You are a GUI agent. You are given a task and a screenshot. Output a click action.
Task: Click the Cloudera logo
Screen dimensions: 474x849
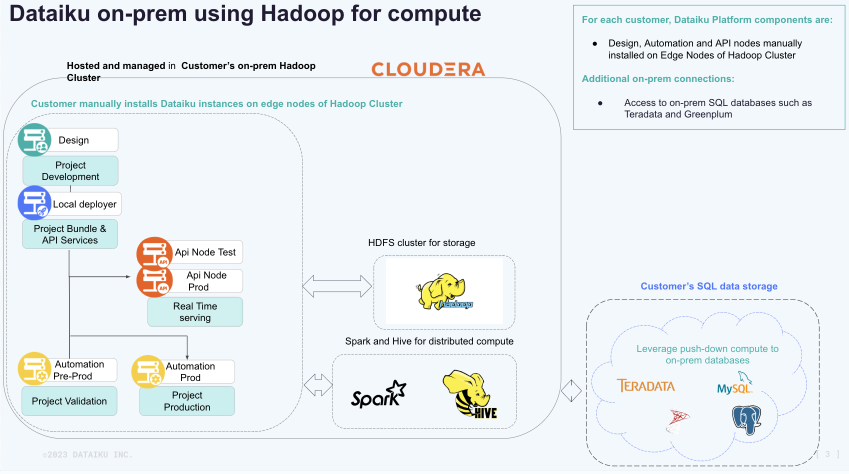click(x=428, y=69)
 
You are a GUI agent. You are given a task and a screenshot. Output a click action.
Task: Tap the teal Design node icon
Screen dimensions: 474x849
click(x=34, y=140)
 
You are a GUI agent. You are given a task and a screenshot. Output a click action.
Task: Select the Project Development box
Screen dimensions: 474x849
click(x=70, y=171)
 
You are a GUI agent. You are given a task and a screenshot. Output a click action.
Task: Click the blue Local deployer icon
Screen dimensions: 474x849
click(x=34, y=203)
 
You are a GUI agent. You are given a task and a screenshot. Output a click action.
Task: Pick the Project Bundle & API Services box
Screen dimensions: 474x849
click(x=70, y=234)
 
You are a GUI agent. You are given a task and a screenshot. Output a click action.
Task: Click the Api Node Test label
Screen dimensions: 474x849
click(x=205, y=252)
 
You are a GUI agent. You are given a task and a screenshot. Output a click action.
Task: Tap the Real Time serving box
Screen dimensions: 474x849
click(x=195, y=312)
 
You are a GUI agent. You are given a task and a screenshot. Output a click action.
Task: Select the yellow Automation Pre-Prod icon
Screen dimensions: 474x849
click(x=34, y=369)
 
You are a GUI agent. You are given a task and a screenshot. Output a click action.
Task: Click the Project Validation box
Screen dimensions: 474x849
click(x=69, y=401)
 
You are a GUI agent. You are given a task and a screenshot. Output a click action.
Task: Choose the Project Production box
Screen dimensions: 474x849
click(x=187, y=401)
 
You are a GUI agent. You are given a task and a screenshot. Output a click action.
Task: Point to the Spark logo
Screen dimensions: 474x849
click(x=378, y=395)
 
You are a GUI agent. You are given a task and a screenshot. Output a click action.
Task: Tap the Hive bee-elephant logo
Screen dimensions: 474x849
click(x=470, y=394)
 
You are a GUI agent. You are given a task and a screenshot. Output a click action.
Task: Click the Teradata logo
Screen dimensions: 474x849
click(x=645, y=386)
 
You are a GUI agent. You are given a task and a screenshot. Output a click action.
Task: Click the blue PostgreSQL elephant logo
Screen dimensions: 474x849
click(x=746, y=419)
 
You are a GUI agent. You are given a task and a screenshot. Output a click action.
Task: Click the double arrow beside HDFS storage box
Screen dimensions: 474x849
click(x=337, y=286)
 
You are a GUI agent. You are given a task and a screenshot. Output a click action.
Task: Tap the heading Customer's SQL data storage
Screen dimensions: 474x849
click(x=709, y=286)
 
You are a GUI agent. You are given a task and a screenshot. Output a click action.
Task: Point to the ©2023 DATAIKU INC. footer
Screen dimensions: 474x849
click(x=87, y=455)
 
